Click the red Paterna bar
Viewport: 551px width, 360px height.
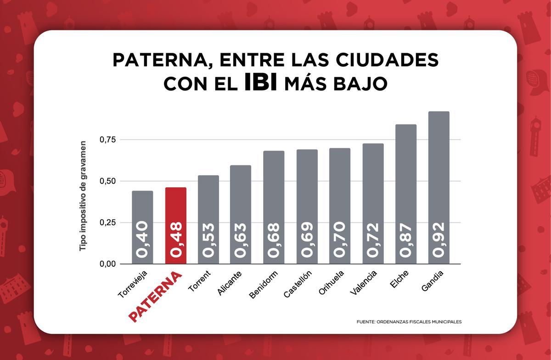(x=175, y=225)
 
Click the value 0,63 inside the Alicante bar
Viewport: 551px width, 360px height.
(x=241, y=240)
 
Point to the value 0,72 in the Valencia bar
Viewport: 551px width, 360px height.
(x=373, y=240)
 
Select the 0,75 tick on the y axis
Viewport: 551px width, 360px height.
(x=108, y=139)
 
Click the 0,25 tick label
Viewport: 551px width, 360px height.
(x=108, y=223)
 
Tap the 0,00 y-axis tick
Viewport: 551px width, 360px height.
(x=108, y=264)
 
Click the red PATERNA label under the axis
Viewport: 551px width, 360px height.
(x=156, y=298)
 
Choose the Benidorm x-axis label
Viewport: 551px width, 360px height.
(x=264, y=285)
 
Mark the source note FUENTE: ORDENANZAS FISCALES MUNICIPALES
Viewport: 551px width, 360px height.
(x=409, y=322)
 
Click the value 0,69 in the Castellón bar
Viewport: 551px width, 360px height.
(x=307, y=240)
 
